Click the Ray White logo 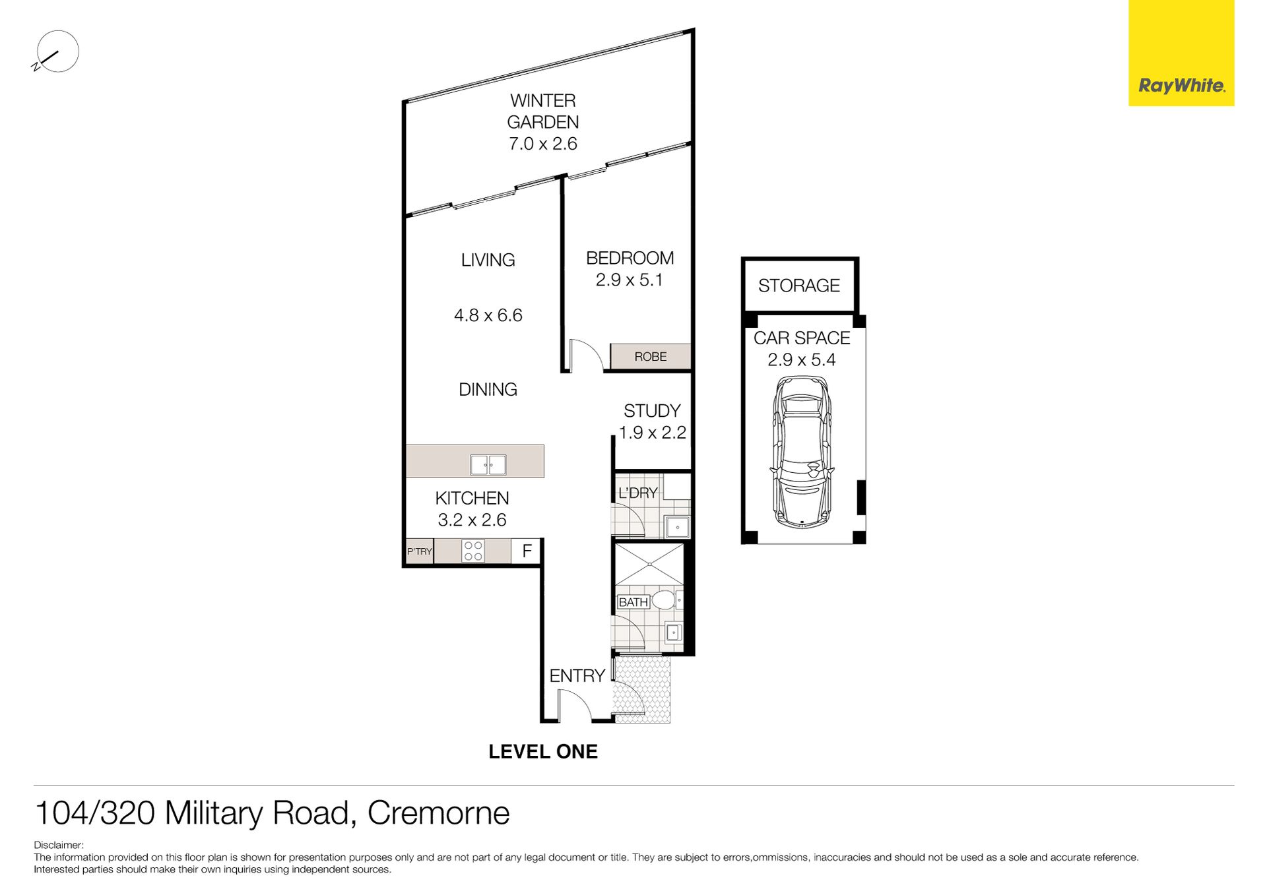[1181, 53]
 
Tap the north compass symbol [57, 51]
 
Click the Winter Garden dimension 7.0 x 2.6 [542, 144]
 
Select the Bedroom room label [630, 258]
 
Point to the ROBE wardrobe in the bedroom [650, 356]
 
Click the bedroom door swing [587, 355]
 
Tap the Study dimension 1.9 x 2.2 [652, 433]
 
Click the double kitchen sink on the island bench [488, 465]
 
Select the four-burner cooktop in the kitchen [473, 551]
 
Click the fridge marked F [527, 551]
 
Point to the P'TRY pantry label [419, 551]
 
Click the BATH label [633, 602]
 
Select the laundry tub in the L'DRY [677, 528]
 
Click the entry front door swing [575, 705]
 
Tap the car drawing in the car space [801, 452]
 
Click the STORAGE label [798, 286]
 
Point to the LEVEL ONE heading [543, 751]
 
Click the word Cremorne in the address [438, 813]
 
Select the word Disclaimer [59, 845]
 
